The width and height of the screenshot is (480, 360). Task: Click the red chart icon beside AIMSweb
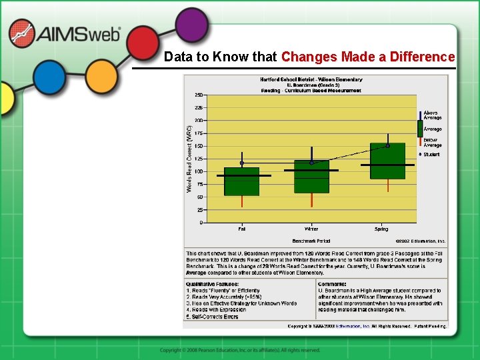pyautogui.click(x=22, y=33)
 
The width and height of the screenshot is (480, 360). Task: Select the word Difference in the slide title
pyautogui.click(x=417, y=57)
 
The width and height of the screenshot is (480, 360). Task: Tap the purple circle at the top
pyautogui.click(x=192, y=25)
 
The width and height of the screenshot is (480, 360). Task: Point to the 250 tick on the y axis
pyautogui.click(x=199, y=95)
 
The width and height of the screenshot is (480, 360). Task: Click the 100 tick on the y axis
pyautogui.click(x=199, y=171)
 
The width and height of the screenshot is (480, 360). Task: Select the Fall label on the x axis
pyautogui.click(x=241, y=229)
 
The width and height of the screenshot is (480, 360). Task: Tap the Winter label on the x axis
pyautogui.click(x=311, y=229)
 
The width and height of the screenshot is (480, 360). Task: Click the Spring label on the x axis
pyautogui.click(x=381, y=229)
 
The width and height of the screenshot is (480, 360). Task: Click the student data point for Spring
pyautogui.click(x=387, y=145)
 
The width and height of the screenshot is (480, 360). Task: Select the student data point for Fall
pyautogui.click(x=242, y=163)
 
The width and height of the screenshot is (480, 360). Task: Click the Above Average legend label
pyautogui.click(x=432, y=115)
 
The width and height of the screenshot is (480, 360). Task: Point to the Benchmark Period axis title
pyautogui.click(x=311, y=241)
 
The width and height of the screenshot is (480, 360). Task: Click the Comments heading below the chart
pyautogui.click(x=331, y=284)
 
